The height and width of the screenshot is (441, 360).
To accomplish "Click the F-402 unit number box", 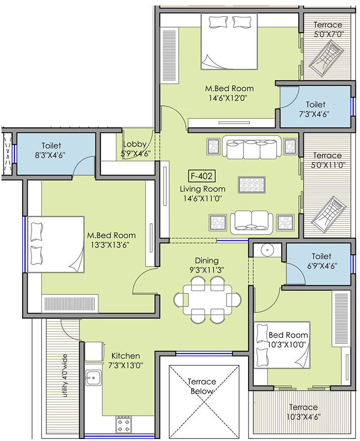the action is pos(202,176).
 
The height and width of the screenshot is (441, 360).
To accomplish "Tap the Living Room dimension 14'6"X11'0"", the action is pos(203,199).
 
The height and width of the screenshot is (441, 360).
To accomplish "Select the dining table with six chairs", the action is pos(207,300).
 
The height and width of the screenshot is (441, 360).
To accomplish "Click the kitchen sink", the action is pos(93,377).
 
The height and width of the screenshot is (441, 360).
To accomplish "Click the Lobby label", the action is pos(135,144).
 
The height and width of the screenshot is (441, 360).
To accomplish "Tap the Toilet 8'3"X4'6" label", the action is pos(51,151).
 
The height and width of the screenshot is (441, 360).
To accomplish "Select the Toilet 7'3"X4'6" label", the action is pos(315,109).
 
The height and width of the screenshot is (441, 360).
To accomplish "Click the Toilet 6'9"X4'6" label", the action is pos(322,261).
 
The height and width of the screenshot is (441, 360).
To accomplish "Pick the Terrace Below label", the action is pos(202,386).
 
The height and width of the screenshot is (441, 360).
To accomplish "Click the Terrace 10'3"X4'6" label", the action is pos(303,412).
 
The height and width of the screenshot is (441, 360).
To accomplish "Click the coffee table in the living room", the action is pos(252,185).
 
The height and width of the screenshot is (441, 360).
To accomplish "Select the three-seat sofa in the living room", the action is pos(251,147).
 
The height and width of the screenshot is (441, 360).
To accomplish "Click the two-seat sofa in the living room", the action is pos(252,222).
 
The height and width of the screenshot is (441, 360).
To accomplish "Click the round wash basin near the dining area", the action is pos(266,250).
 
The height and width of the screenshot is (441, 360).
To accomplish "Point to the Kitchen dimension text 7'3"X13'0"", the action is pos(126,366).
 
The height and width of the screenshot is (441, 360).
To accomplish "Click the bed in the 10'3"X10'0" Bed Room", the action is pos(282,345).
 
